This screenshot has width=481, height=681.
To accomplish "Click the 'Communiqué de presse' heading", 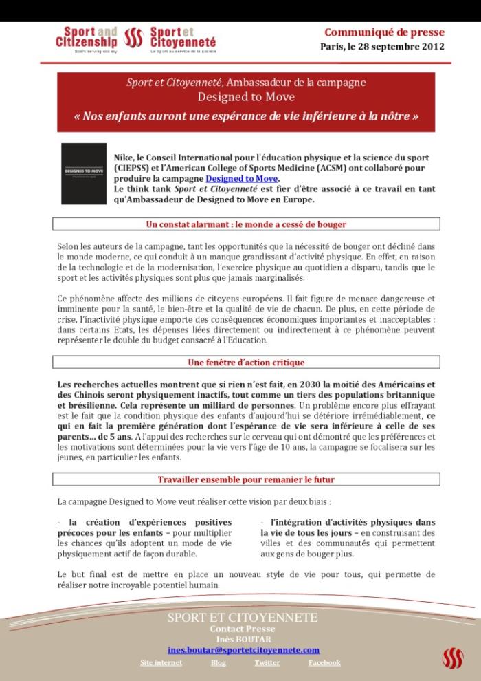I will [384, 32].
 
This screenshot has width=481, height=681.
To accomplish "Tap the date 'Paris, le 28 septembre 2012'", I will [382, 47].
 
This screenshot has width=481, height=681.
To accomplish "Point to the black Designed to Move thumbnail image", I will [84, 173].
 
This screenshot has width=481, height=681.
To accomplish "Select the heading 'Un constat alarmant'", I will [246, 224].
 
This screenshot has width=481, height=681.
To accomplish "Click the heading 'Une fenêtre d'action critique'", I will [246, 362].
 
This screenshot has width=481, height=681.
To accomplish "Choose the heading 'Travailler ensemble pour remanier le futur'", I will [246, 479].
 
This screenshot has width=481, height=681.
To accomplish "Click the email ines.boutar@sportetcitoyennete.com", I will [243, 649].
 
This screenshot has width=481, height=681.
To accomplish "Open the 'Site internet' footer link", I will [161, 662].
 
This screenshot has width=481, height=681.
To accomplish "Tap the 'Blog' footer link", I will [218, 662].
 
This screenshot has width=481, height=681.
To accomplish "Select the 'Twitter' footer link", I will [267, 662].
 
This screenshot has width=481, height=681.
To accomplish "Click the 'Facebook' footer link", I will [324, 662].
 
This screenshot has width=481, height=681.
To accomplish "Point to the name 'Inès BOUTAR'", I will [243, 638].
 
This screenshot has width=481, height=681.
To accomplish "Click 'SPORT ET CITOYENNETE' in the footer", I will [243, 618].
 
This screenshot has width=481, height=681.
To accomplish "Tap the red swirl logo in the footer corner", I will [452, 658].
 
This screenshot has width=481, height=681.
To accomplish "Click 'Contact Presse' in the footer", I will [243, 629].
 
